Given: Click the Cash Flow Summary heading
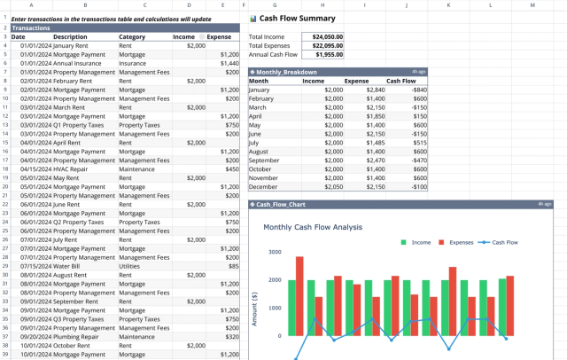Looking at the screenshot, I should pyautogui.click(x=297, y=18).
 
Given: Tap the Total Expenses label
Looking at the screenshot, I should pyautogui.click(x=269, y=45).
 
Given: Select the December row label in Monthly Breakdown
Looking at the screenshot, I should pyautogui.click(x=264, y=186).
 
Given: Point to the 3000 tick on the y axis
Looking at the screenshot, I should pyautogui.click(x=274, y=252).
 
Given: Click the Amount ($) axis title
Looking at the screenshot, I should pyautogui.click(x=254, y=309).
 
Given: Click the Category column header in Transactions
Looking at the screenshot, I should pyautogui.click(x=132, y=37).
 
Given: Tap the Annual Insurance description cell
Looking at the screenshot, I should pyautogui.click(x=79, y=63).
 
